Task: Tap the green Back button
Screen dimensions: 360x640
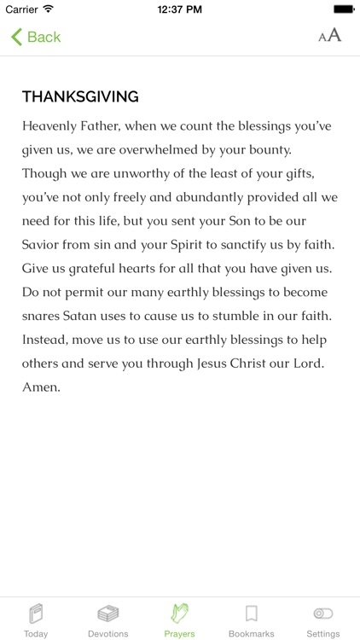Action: tap(36, 37)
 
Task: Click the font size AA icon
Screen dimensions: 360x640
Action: tap(329, 35)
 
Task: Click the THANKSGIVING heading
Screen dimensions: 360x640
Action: tap(80, 96)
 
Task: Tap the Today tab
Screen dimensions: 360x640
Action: tap(36, 620)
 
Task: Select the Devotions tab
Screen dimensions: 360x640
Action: tap(107, 620)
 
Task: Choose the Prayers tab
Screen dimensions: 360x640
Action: tap(179, 620)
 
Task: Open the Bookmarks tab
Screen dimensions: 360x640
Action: tap(251, 620)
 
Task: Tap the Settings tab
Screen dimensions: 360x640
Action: tap(323, 620)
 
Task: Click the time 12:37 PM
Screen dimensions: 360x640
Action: tap(179, 9)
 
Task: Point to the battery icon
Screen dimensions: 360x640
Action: tap(343, 9)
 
